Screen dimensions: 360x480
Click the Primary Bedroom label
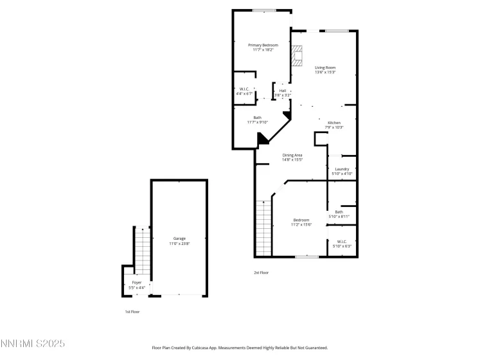263,45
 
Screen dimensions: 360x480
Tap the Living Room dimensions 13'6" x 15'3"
325,72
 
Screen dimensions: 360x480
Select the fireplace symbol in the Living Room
296,57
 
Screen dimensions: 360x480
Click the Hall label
282,91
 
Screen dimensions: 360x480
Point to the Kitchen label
334,122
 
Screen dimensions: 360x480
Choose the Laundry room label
342,169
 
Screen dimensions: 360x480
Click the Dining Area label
292,155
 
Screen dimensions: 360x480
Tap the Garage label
179,239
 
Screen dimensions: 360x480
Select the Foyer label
137,282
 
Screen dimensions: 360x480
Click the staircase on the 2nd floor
263,228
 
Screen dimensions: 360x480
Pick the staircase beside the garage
142,251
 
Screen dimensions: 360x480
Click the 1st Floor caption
132,312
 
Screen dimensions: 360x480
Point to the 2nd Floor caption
261,273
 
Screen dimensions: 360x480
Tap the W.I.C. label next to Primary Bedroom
244,89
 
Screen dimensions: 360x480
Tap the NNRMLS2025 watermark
33,345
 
